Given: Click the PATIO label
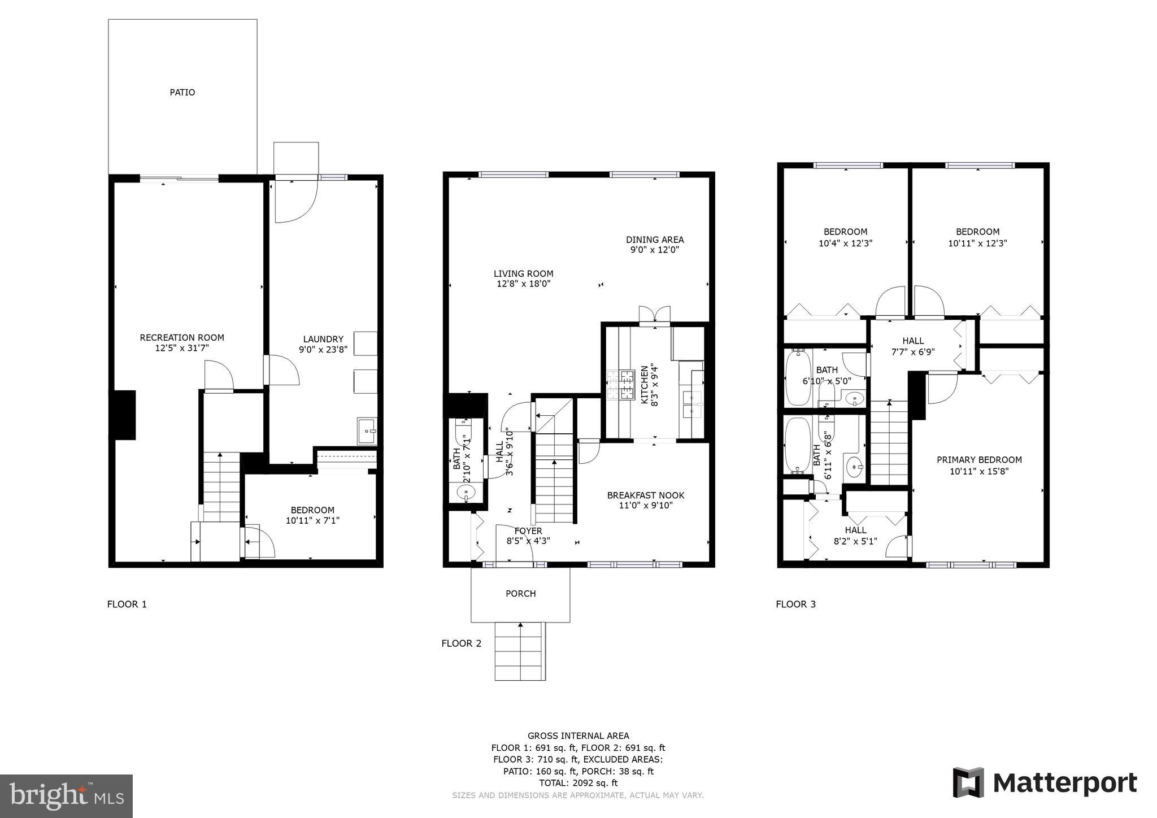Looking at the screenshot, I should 182,92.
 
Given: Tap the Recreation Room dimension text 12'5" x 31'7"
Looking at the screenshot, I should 182,348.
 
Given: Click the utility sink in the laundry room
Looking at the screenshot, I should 367,430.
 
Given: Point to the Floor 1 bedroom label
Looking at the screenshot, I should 312,510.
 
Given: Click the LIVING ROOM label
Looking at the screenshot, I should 523,274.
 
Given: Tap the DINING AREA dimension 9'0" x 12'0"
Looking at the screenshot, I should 654,250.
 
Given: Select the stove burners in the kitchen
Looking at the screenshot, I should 620,384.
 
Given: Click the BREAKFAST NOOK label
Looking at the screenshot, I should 645,495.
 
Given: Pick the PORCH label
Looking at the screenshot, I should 520,594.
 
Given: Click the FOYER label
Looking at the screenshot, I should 528,531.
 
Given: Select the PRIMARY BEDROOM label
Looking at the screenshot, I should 979,460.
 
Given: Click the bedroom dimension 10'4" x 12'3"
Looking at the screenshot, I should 845,243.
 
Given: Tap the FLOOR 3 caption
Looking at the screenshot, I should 795,604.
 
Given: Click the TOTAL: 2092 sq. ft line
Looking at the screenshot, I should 578,783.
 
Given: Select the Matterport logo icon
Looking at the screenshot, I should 968,782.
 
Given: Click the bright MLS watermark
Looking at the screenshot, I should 66,796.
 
